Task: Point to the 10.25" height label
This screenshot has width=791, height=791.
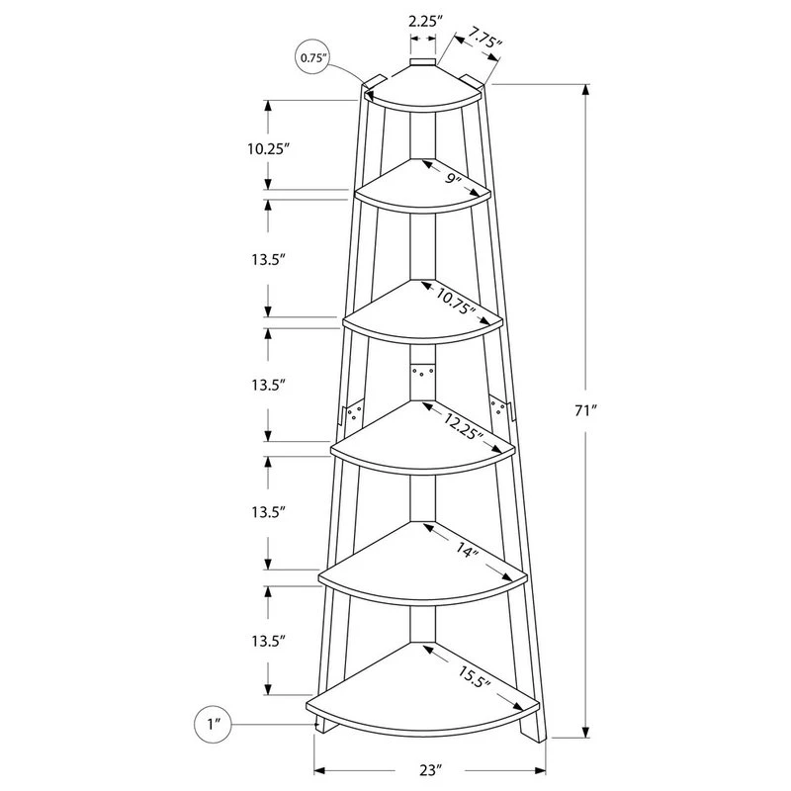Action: pos(267,149)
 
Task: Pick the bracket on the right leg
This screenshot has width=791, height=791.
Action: pos(498,407)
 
